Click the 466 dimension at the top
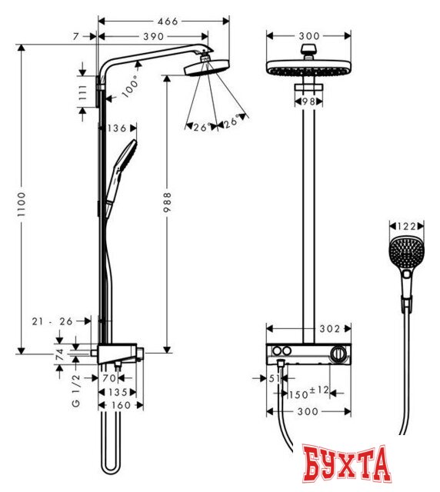click(x=157, y=22)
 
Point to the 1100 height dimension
click(x=22, y=202)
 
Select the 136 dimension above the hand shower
click(x=118, y=128)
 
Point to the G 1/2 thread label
click(x=75, y=392)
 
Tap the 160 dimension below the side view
click(x=118, y=405)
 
